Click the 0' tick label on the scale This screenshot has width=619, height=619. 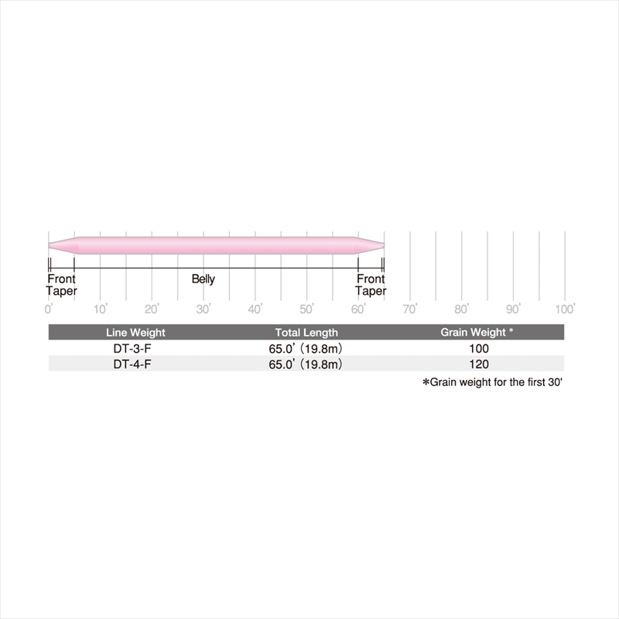pyautogui.click(x=48, y=309)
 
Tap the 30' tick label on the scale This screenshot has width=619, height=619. pyautogui.click(x=203, y=309)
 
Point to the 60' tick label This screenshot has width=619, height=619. pyautogui.click(x=358, y=309)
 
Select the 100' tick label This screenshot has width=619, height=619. pyautogui.click(x=566, y=309)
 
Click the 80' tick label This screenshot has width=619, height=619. pyautogui.click(x=462, y=309)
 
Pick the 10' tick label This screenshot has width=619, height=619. pyautogui.click(x=101, y=309)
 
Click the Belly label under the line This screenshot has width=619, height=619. pyautogui.click(x=203, y=279)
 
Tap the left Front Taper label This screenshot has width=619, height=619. pyautogui.click(x=61, y=285)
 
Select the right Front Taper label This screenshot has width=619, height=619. pyautogui.click(x=371, y=285)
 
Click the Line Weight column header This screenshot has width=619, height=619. pyautogui.click(x=135, y=333)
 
